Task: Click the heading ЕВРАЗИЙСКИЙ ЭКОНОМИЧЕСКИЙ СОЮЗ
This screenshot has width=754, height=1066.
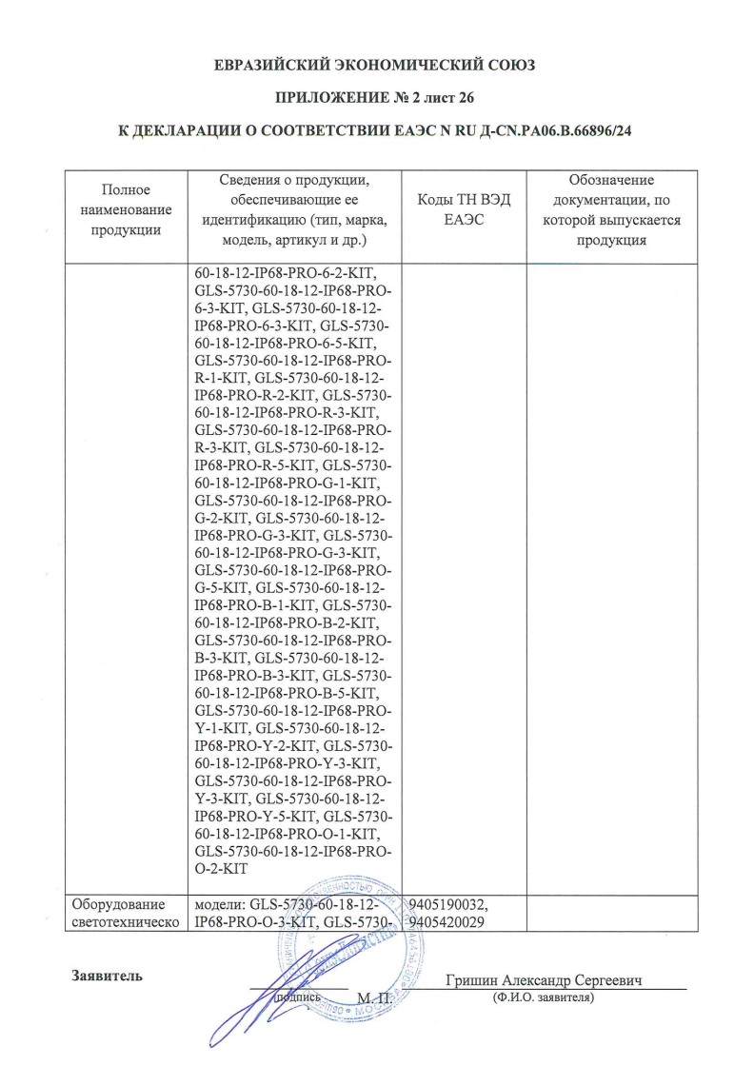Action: (376, 66)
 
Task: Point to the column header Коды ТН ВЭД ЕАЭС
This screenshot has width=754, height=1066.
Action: (465, 209)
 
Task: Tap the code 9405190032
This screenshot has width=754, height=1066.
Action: (447, 903)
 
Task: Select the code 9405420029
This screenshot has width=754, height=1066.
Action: (447, 921)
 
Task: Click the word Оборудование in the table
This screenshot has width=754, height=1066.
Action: (118, 903)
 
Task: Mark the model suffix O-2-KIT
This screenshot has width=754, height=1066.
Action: (221, 869)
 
